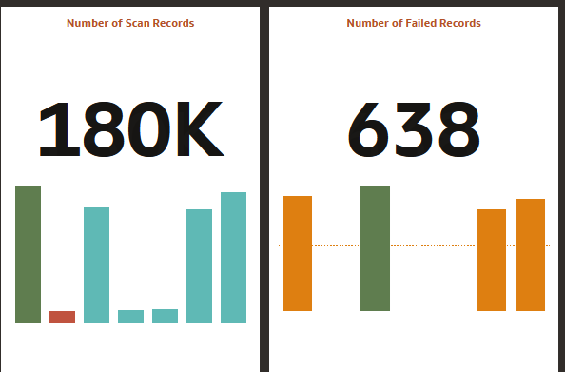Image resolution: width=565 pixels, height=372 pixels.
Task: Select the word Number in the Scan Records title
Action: (x=88, y=23)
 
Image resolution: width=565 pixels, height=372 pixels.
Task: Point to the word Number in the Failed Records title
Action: (x=367, y=23)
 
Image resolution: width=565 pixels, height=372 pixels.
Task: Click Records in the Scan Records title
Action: (x=172, y=23)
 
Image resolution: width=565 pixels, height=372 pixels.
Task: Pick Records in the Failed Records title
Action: (x=459, y=23)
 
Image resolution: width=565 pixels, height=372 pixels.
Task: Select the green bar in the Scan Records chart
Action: (x=28, y=255)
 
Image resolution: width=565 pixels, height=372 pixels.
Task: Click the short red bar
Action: (x=62, y=317)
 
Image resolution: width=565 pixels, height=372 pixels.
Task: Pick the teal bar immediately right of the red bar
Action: (x=96, y=265)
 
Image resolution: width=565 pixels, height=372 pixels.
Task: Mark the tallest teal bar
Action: (x=233, y=258)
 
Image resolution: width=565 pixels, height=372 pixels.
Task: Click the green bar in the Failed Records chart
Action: (x=375, y=248)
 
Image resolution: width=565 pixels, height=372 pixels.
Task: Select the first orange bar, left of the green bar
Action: (x=298, y=253)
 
